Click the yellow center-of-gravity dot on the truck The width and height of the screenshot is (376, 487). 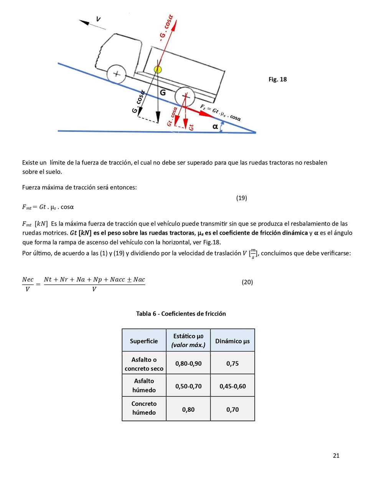pyautogui.click(x=158, y=70)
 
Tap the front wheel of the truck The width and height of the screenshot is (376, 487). pyautogui.click(x=117, y=74)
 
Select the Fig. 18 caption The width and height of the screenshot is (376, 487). pyautogui.click(x=277, y=80)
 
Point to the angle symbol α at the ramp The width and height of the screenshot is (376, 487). pyautogui.click(x=215, y=126)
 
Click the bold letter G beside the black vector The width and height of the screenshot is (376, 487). pyautogui.click(x=163, y=93)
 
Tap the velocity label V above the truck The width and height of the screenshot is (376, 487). pyautogui.click(x=99, y=19)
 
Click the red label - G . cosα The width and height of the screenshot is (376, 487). pyautogui.click(x=167, y=28)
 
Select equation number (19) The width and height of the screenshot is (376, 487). pyautogui.click(x=241, y=198)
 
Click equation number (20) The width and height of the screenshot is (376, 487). pyautogui.click(x=247, y=282)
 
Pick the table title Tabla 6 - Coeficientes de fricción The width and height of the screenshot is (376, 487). pyautogui.click(x=181, y=314)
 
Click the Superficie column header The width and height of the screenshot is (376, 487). pyautogui.click(x=144, y=341)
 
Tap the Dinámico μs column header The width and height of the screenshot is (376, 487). pyautogui.click(x=233, y=341)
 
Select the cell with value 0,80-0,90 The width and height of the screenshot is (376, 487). pyautogui.click(x=188, y=363)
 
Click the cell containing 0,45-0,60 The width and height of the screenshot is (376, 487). pyautogui.click(x=233, y=386)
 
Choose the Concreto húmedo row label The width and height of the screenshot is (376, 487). pyautogui.click(x=144, y=408)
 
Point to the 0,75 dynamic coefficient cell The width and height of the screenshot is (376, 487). pyautogui.click(x=233, y=363)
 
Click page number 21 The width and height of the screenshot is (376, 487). pyautogui.click(x=336, y=456)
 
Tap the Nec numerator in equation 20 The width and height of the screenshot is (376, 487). pyautogui.click(x=28, y=279)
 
